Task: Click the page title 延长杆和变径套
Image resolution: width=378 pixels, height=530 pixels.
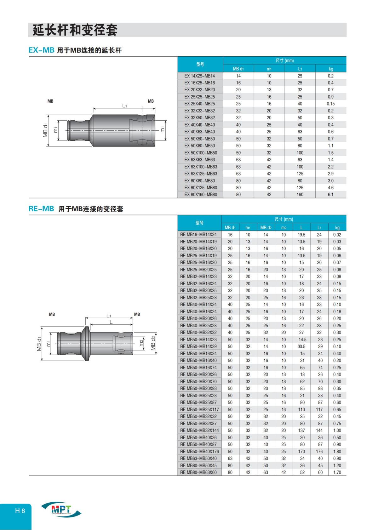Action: (75, 30)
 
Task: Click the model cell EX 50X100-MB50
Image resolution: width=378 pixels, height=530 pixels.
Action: (201, 153)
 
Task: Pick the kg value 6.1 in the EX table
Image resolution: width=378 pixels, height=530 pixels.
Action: (330, 195)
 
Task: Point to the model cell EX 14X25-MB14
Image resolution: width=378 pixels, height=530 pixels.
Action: (200, 76)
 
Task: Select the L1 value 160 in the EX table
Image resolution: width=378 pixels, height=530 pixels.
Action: (300, 195)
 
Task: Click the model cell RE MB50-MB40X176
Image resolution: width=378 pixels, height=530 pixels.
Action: (199, 451)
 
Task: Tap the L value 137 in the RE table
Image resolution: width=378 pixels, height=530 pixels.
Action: (301, 430)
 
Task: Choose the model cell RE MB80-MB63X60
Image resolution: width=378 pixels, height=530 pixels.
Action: (198, 472)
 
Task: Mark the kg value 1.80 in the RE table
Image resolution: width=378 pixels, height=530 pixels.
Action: (337, 451)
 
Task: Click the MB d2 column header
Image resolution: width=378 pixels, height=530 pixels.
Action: (266, 227)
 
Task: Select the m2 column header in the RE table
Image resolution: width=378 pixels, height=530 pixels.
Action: (283, 227)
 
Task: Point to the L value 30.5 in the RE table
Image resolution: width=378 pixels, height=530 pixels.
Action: (301, 346)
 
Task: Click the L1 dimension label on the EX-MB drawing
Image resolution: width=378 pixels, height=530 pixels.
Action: (124, 106)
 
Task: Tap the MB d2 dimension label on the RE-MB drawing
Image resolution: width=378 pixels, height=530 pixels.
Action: (153, 343)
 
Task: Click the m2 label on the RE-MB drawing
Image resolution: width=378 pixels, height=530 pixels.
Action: (141, 343)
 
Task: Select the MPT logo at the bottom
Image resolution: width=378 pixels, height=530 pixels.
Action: (61, 509)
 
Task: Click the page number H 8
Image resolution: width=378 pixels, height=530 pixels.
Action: (20, 510)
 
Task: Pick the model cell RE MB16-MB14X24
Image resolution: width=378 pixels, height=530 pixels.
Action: (198, 235)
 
